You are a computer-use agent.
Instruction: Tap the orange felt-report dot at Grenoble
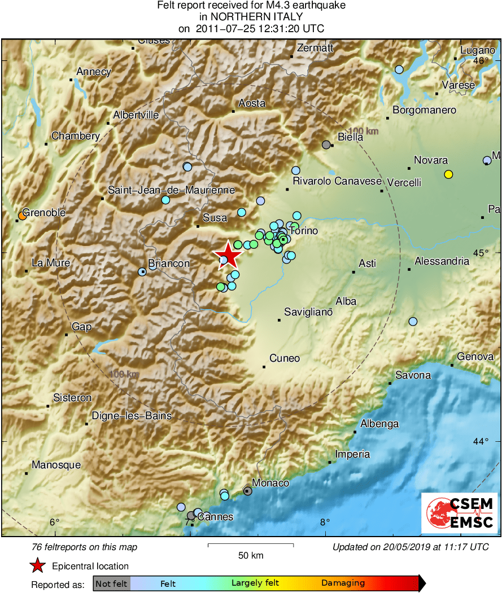point(22,216)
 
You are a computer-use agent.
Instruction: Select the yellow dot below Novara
point(448,174)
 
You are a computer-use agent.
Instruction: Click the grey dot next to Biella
point(326,145)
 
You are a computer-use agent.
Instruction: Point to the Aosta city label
point(252,103)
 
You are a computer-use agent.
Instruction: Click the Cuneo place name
point(285,358)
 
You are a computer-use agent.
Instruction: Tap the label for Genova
point(475,357)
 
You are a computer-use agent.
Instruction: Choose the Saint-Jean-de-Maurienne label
point(171,190)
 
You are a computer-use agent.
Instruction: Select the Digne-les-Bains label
point(132,416)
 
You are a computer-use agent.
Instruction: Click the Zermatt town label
point(315,48)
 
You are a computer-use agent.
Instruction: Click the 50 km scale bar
point(251,545)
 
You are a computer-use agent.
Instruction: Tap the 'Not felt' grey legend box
point(112,583)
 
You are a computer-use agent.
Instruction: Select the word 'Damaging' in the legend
point(343,583)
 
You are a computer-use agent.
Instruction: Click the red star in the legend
point(37,565)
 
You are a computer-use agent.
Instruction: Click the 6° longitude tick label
point(54,522)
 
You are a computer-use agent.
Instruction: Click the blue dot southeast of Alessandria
point(413,322)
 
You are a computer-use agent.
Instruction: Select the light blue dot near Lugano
point(399,69)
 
